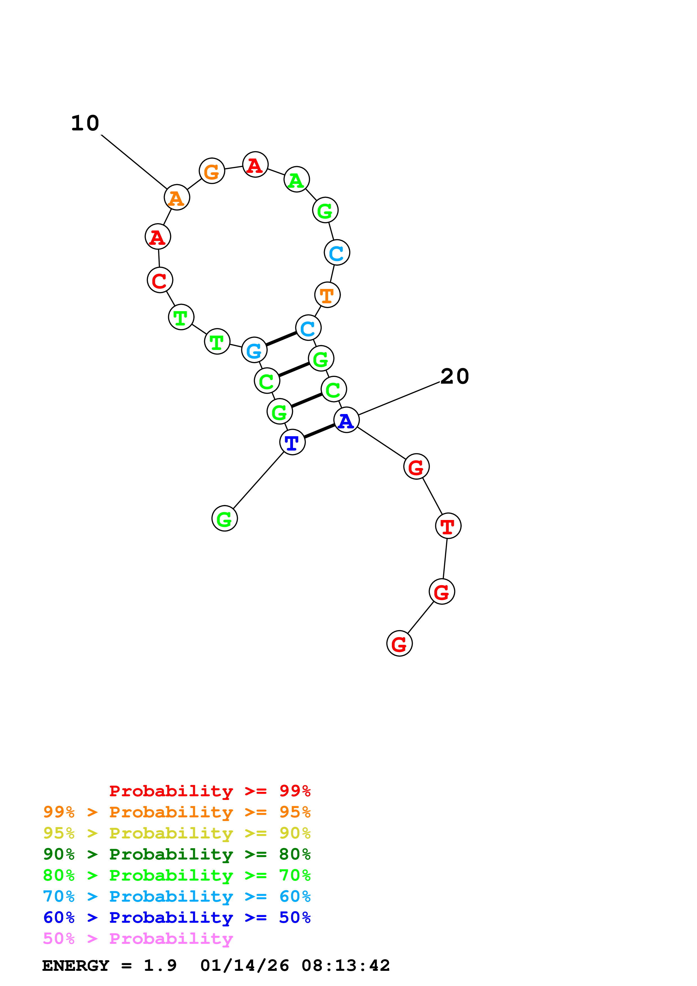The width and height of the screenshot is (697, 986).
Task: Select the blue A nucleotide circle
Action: click(346, 420)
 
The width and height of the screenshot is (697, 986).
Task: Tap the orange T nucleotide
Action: click(327, 295)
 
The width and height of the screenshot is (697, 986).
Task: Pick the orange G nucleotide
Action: click(212, 171)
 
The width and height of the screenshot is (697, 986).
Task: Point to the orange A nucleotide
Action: click(177, 198)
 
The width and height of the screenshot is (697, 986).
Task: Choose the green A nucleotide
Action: click(296, 180)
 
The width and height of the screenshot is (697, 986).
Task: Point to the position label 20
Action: click(454, 377)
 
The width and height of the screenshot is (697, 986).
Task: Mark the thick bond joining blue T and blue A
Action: click(319, 431)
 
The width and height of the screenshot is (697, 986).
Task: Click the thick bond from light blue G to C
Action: click(281, 339)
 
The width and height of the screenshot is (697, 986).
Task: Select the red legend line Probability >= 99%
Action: click(209, 791)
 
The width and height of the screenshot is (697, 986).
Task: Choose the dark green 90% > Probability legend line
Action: click(177, 854)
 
